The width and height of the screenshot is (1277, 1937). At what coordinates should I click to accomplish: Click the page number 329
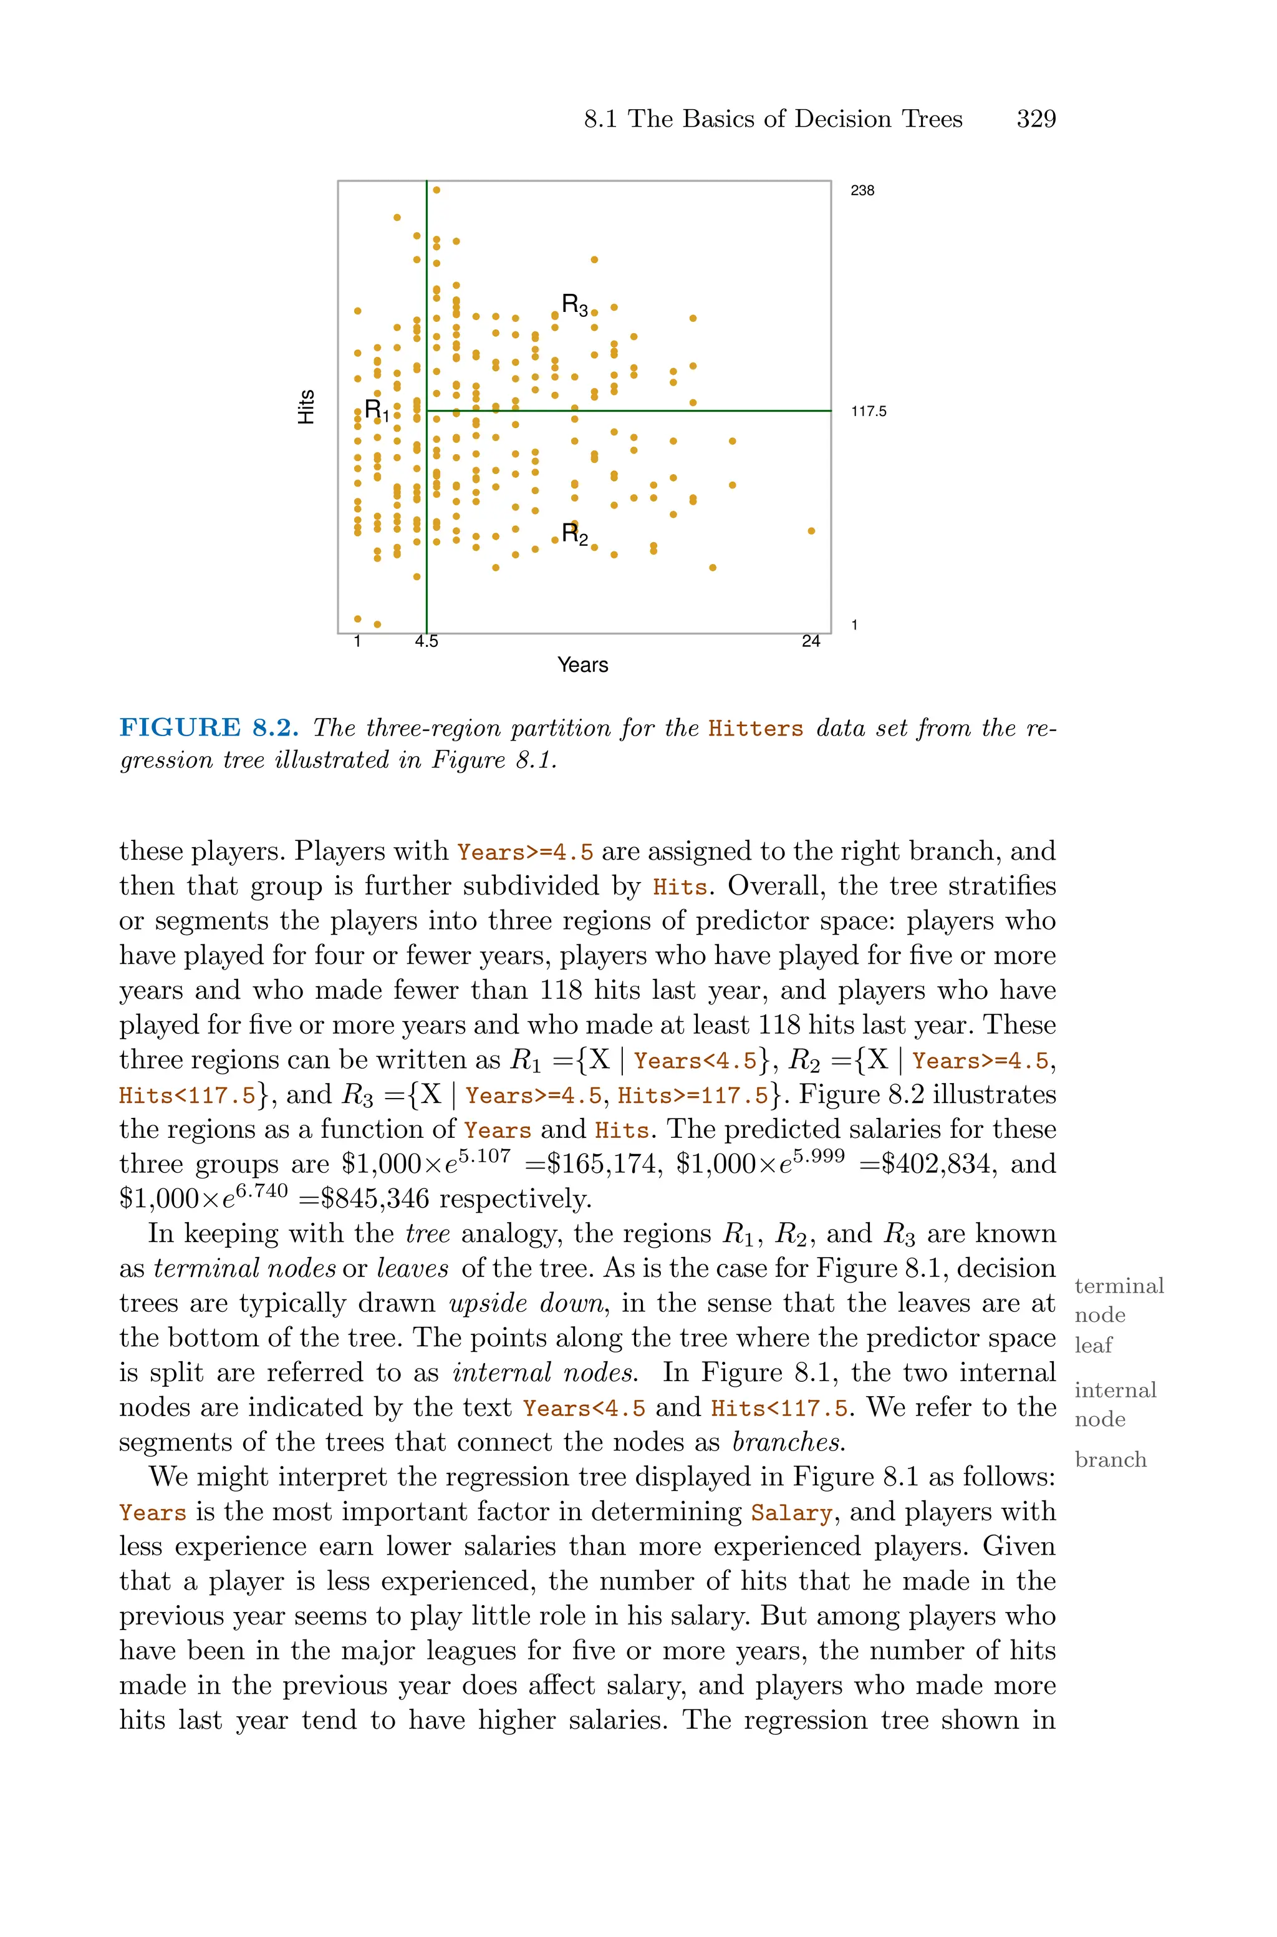1036,119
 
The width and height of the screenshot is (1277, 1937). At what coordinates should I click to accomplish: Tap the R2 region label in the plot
574,535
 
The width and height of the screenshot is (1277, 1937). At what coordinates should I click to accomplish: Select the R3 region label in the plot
574,306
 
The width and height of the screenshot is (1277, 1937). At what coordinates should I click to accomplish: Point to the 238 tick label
862,191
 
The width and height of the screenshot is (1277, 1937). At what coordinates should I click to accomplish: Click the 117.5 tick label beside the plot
868,411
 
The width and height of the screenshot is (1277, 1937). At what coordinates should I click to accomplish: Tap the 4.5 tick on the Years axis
426,641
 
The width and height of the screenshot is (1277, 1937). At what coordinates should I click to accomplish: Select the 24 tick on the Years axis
811,641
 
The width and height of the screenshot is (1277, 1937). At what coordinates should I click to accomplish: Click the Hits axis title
306,407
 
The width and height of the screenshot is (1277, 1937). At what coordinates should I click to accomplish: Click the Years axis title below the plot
582,664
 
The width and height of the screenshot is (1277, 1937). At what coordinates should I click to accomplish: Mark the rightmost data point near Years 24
811,531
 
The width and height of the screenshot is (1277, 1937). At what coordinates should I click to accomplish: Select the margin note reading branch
1110,1459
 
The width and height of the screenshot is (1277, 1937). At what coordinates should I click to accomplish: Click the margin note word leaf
1093,1345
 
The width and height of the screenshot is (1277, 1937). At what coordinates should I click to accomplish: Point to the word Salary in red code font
791,1513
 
